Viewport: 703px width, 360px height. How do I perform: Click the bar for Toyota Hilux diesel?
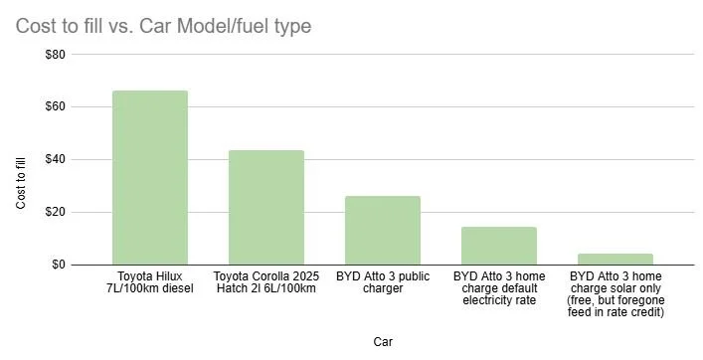pyautogui.click(x=150, y=177)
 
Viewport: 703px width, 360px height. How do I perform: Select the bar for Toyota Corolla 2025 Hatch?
pyautogui.click(x=266, y=207)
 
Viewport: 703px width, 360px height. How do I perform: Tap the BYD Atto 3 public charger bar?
pyautogui.click(x=383, y=230)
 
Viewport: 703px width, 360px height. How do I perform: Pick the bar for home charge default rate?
pyautogui.click(x=499, y=246)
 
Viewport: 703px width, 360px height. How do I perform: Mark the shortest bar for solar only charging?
pyautogui.click(x=615, y=259)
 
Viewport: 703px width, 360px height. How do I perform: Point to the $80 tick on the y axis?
pyautogui.click(x=55, y=55)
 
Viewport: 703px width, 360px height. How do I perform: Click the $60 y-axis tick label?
pyautogui.click(x=55, y=107)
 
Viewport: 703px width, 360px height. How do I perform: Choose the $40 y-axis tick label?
pyautogui.click(x=55, y=160)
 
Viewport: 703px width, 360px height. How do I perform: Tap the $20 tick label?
pyautogui.click(x=55, y=213)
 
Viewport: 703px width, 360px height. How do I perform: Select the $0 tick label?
pyautogui.click(x=58, y=265)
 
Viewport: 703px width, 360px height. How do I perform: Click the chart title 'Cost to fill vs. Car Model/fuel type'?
pyautogui.click(x=163, y=25)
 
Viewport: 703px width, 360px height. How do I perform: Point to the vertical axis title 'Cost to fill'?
pyautogui.click(x=21, y=179)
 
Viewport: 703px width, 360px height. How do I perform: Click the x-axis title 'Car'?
pyautogui.click(x=383, y=341)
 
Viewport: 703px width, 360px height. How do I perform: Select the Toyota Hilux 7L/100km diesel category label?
pyautogui.click(x=150, y=281)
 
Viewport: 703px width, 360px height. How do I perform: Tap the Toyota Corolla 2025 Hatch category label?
pyautogui.click(x=266, y=281)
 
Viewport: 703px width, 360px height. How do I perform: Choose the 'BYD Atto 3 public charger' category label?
pyautogui.click(x=383, y=281)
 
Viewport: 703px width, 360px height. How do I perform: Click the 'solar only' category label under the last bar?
pyautogui.click(x=615, y=293)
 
